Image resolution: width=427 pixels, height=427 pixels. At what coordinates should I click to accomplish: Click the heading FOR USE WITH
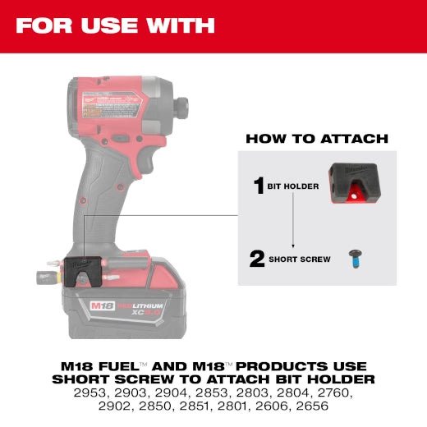tap(115, 25)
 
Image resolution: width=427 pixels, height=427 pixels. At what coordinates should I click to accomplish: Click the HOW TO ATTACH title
tap(317, 139)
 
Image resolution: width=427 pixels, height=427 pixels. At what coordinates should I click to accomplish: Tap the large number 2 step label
tap(256, 259)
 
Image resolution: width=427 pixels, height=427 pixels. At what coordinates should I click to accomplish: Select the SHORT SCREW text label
tap(300, 259)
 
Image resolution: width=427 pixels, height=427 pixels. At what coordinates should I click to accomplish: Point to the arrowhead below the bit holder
tap(292, 244)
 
